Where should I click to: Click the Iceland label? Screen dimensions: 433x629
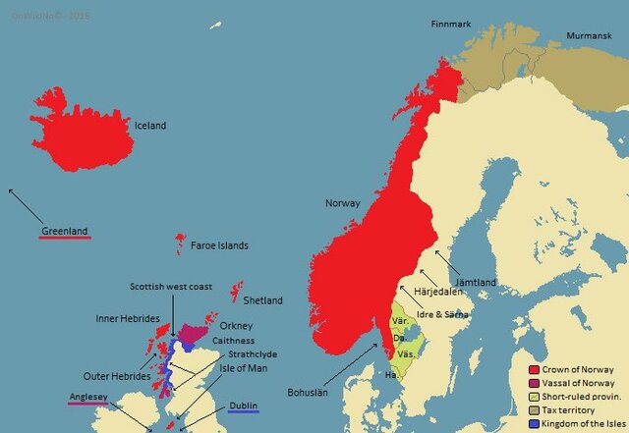[150, 126]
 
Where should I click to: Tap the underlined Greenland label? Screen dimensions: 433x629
[65, 232]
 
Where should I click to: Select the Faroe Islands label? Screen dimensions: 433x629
[219, 245]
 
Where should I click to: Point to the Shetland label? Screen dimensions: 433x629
[262, 300]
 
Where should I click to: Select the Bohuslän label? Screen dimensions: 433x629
[309, 392]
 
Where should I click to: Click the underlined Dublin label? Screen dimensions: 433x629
[244, 406]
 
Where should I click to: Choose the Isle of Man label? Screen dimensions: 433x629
[241, 368]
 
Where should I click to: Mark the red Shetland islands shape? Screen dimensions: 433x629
[236, 292]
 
